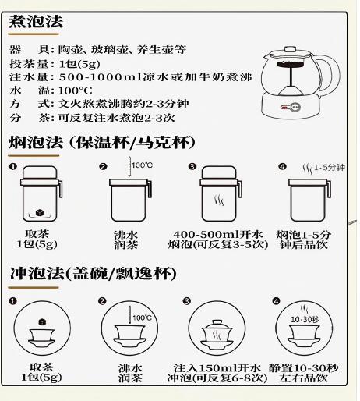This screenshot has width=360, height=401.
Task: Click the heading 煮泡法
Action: [36, 21]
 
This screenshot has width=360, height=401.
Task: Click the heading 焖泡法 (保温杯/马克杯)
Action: [102, 143]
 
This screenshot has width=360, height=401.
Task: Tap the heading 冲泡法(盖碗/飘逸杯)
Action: [93, 274]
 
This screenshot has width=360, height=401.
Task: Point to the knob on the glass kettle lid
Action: [290, 49]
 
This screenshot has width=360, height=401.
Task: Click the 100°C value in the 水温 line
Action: [76, 90]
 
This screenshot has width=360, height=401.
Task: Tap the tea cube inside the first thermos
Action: [40, 212]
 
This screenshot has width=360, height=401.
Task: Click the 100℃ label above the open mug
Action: [142, 165]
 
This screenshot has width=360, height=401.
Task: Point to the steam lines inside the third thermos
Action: [219, 200]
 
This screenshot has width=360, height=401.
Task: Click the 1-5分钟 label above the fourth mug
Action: [330, 168]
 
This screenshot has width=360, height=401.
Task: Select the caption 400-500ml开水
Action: [218, 234]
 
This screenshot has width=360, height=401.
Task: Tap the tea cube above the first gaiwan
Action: [42, 322]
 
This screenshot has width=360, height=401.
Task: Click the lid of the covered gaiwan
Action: [217, 325]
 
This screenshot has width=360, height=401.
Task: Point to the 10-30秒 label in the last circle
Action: [305, 319]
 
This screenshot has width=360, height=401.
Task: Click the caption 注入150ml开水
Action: [217, 368]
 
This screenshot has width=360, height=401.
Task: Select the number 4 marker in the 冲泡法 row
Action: [276, 301]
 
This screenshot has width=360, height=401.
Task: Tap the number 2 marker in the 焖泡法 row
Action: [103, 166]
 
